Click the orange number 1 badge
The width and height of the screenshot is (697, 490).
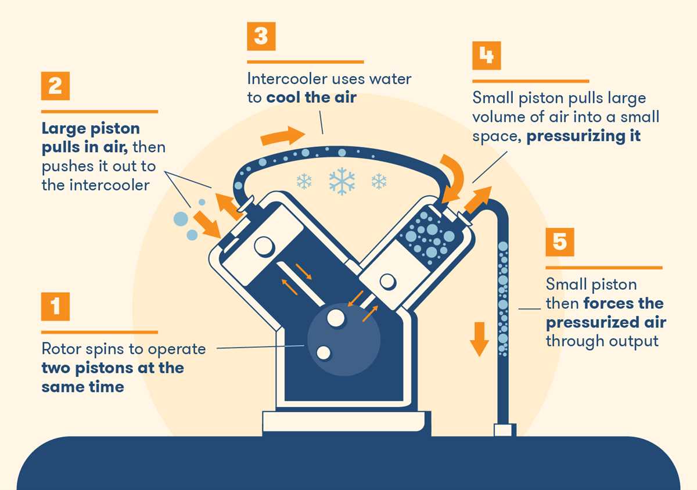(55, 306)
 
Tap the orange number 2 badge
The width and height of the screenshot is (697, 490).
(55, 86)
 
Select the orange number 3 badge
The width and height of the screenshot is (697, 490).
(261, 37)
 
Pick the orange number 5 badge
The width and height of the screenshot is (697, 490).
(559, 242)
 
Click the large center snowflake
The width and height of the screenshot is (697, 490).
(342, 181)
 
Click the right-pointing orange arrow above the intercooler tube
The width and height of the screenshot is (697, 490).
(282, 136)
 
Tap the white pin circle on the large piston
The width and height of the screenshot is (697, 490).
(264, 246)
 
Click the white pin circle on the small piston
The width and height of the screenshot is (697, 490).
(387, 282)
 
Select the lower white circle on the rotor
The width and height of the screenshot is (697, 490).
(324, 352)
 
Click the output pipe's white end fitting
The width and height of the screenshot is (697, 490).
(504, 430)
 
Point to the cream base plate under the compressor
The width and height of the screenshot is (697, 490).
(346, 421)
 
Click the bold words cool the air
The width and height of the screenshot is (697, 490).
(311, 98)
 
